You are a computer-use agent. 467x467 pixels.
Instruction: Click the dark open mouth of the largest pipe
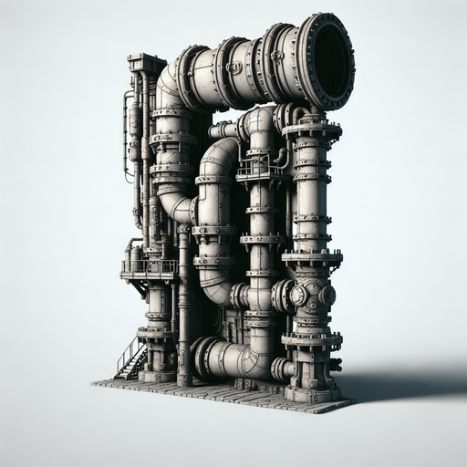(x=330, y=62)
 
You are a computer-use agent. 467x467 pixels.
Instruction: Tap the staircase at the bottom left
(x=130, y=358)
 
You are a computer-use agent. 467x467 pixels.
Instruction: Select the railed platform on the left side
(x=148, y=268)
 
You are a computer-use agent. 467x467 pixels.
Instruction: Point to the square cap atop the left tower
(x=147, y=63)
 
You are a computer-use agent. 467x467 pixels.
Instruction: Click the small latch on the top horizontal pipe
(x=234, y=67)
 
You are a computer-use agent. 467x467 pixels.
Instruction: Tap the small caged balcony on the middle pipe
(x=259, y=170)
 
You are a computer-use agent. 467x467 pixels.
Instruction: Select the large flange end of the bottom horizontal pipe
(x=202, y=358)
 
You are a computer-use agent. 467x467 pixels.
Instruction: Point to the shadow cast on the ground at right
(x=401, y=383)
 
